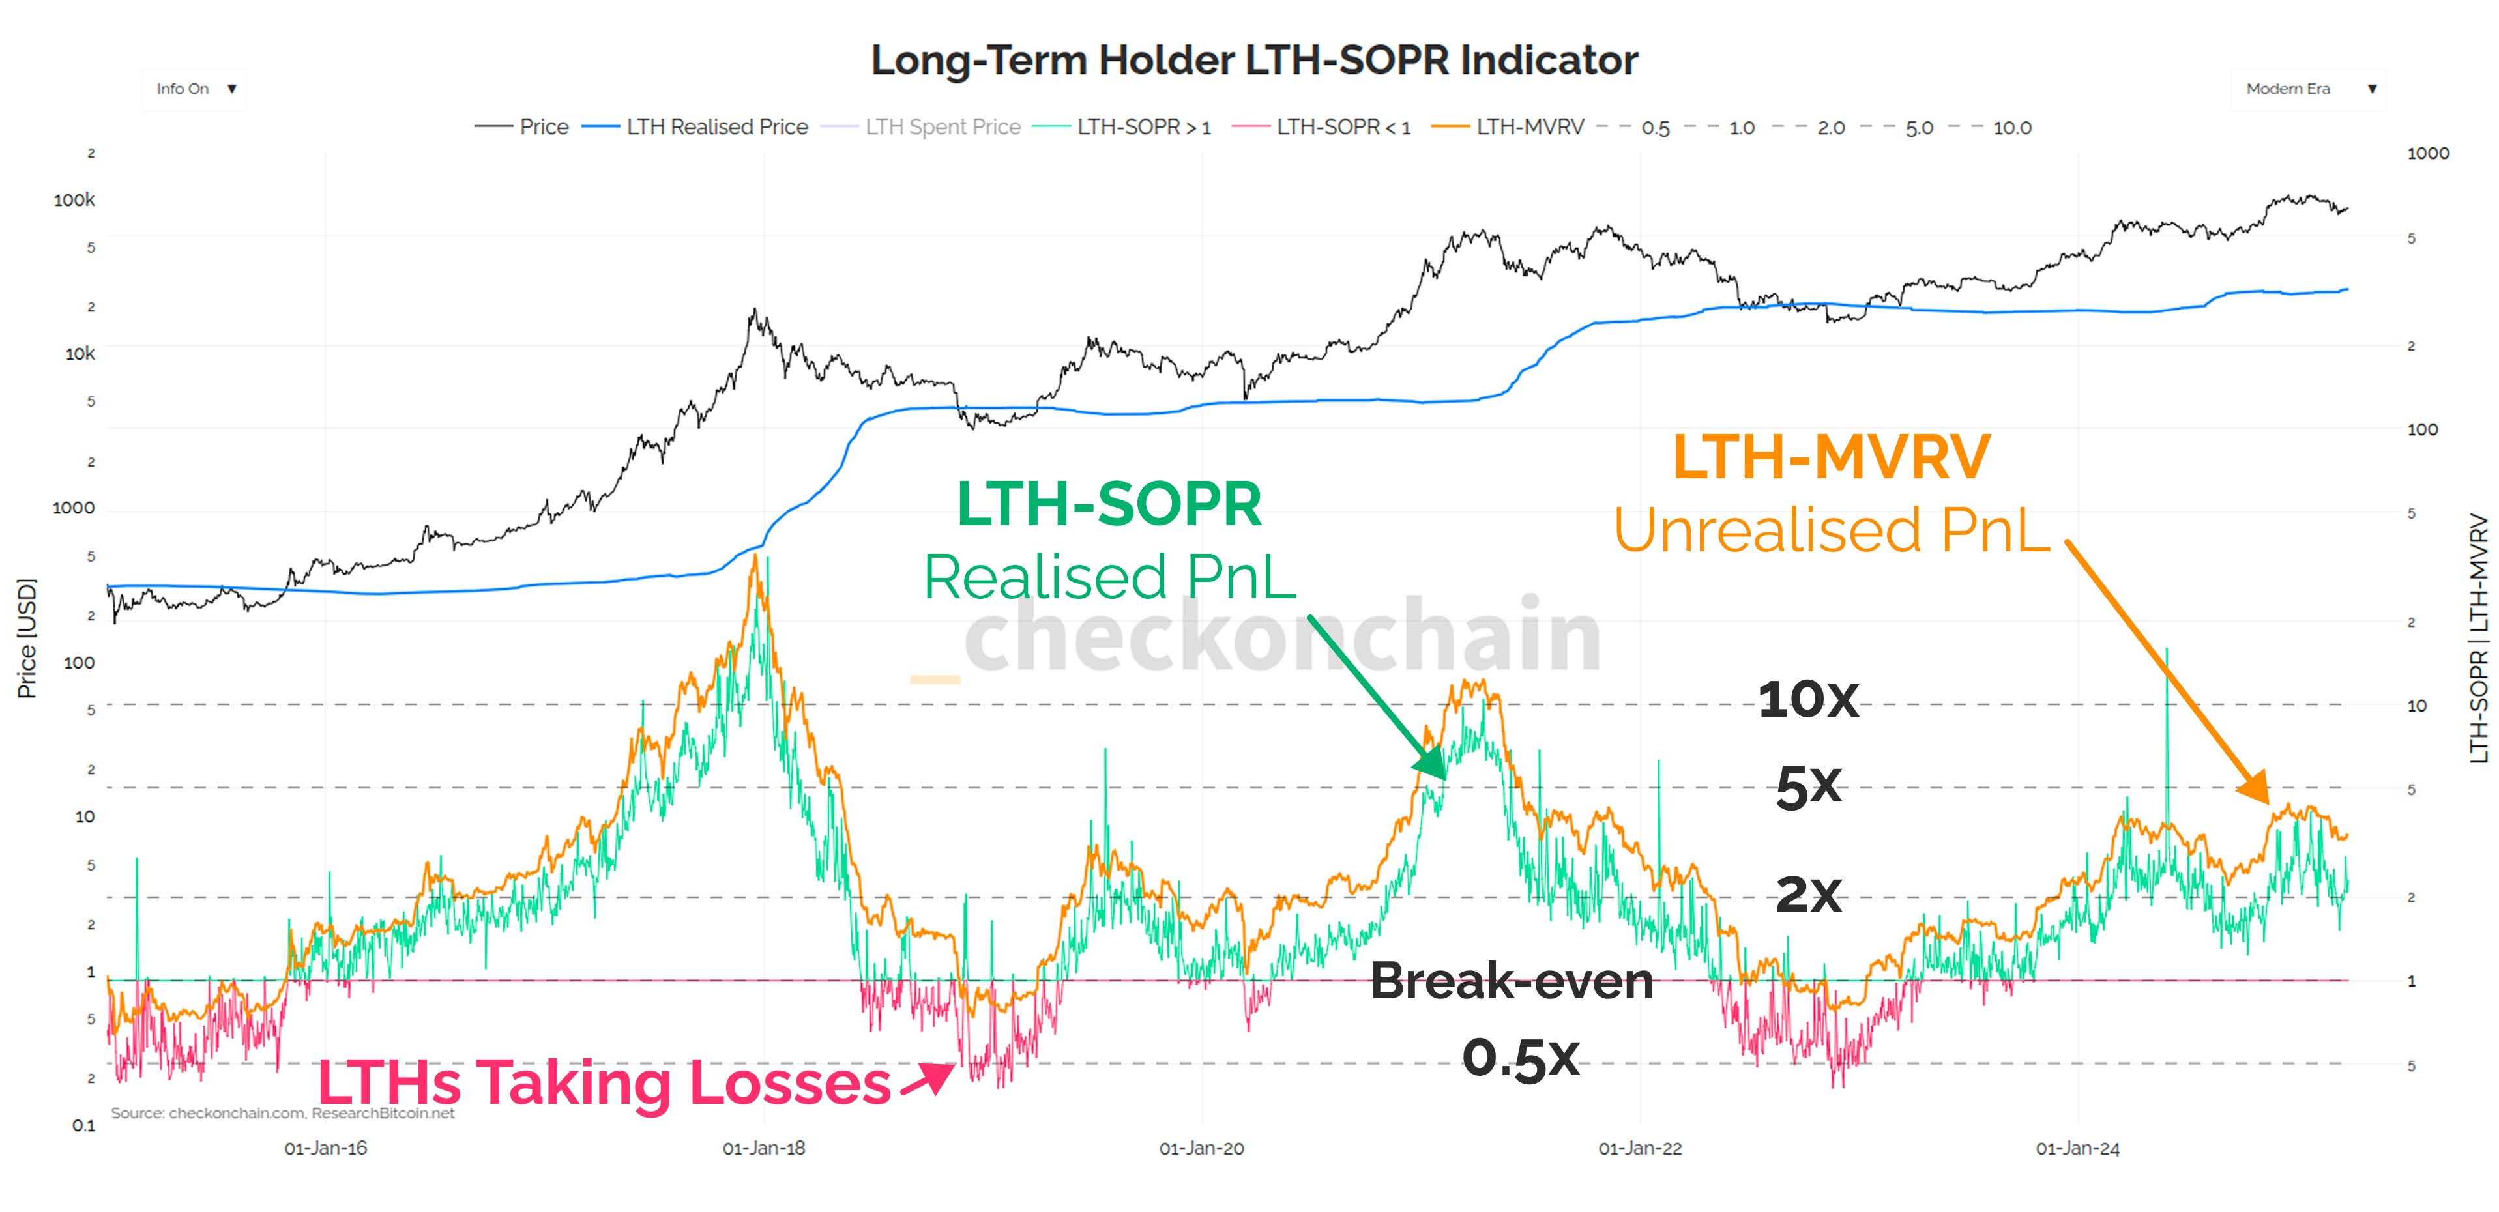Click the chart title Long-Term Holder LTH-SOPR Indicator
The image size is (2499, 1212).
tap(1253, 60)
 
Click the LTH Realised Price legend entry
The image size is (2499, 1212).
tap(716, 127)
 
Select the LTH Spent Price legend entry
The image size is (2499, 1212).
tap(942, 127)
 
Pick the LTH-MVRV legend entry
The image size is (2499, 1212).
tap(1529, 127)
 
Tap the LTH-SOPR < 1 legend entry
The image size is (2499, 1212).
tap(1343, 127)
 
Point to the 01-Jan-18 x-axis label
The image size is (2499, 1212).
tap(763, 1149)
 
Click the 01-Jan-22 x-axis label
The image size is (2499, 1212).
tap(1639, 1149)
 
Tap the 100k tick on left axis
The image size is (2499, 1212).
tap(75, 200)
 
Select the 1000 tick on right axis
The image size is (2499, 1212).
tap(2427, 153)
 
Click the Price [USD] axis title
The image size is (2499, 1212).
tap(27, 638)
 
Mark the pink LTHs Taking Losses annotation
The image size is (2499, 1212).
tap(604, 1082)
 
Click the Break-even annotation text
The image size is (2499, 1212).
tap(1512, 981)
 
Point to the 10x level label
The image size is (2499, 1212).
tap(1807, 699)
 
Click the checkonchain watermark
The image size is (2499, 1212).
tap(1281, 635)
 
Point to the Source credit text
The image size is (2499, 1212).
tap(282, 1113)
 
